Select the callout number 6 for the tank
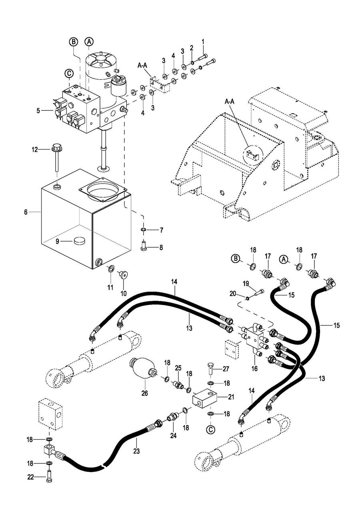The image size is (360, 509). (26, 212)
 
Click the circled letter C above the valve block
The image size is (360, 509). (69, 73)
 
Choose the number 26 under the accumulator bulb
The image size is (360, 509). (144, 393)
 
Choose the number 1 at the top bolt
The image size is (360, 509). (203, 41)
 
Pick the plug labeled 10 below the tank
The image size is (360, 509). (123, 275)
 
